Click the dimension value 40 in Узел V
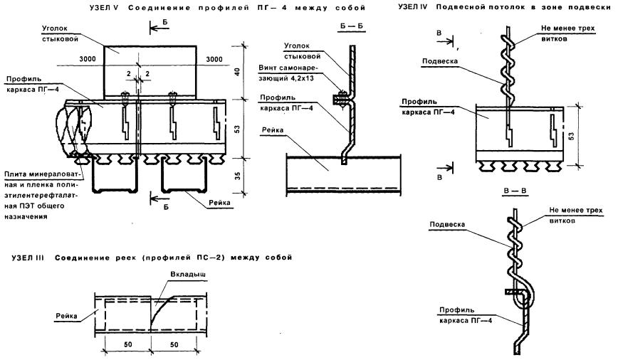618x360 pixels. click(237, 72)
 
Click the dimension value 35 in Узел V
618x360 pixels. click(237, 174)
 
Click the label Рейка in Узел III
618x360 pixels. click(66, 313)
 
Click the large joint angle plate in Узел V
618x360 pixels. click(150, 70)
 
